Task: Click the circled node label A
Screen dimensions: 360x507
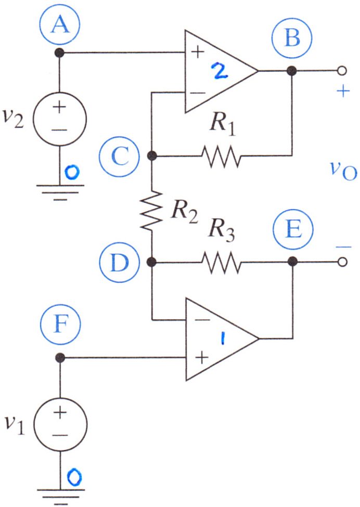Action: click(x=60, y=25)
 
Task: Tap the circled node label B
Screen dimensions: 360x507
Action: click(x=292, y=37)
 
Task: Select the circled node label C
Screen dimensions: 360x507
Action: click(x=120, y=157)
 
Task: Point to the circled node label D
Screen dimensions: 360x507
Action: click(x=120, y=262)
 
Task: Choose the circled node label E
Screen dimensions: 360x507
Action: click(x=293, y=229)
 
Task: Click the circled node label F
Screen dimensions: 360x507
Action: click(x=60, y=324)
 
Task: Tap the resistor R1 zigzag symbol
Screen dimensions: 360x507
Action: click(x=222, y=157)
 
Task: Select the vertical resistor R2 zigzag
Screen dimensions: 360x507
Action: click(x=151, y=211)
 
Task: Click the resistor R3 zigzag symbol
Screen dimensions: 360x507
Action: click(x=222, y=262)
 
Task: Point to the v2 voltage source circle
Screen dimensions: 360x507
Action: click(x=60, y=119)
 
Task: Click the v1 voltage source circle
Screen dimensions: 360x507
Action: click(x=60, y=424)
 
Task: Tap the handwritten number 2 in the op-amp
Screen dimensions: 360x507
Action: click(x=220, y=71)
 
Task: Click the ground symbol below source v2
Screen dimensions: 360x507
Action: click(x=60, y=193)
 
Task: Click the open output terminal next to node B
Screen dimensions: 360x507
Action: click(x=342, y=71)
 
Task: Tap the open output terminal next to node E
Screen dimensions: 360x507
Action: click(x=342, y=262)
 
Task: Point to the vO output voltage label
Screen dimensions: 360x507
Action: click(x=343, y=171)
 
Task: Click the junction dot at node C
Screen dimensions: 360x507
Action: click(x=152, y=156)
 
